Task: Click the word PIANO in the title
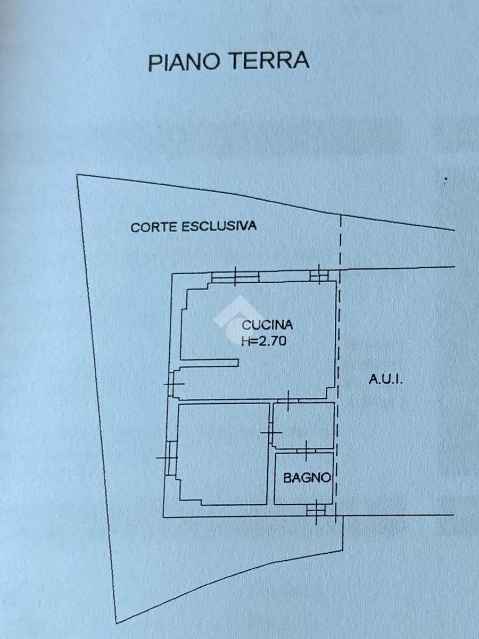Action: (184, 61)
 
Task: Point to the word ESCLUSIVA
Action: (219, 226)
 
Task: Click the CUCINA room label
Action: (267, 325)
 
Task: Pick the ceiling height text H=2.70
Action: (264, 341)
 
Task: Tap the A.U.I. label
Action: (386, 380)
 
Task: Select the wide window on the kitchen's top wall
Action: (235, 277)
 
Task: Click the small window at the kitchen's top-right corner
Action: (319, 275)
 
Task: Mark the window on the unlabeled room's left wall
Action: (169, 457)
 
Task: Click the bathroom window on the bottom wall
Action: (316, 510)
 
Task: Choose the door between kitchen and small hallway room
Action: (287, 400)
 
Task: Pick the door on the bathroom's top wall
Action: (306, 450)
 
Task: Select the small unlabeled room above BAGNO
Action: (303, 425)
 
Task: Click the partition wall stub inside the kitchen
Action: (209, 363)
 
